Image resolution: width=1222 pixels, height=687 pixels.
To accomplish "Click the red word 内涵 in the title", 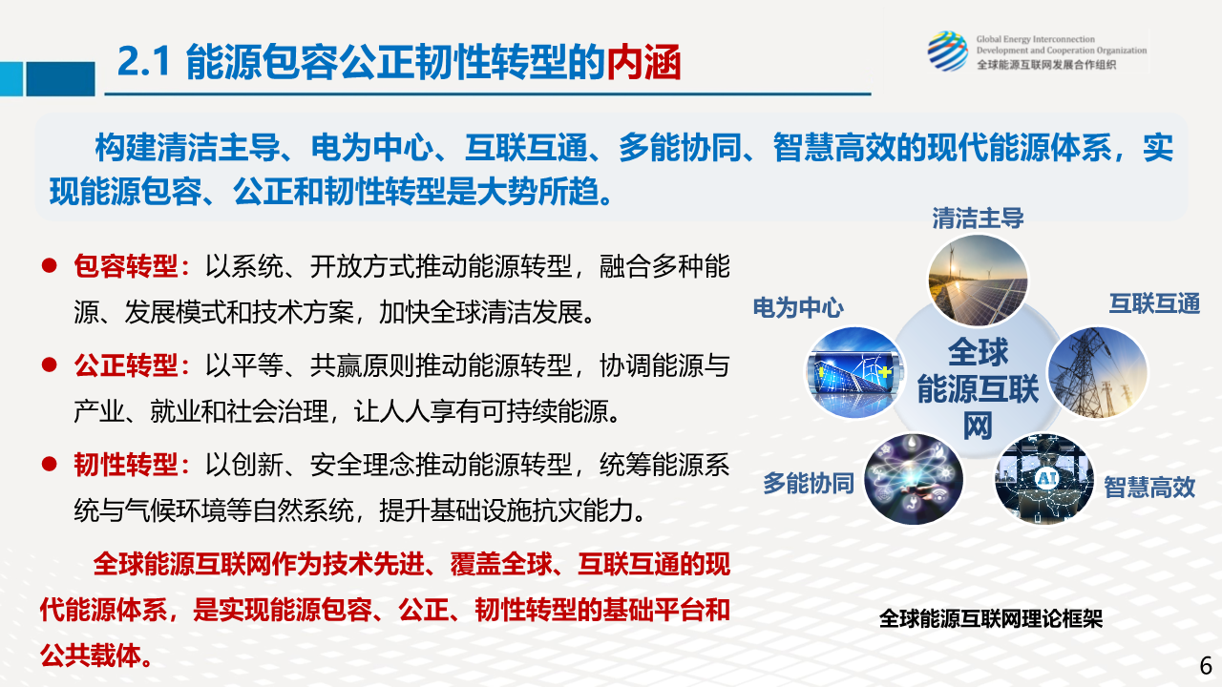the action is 643,62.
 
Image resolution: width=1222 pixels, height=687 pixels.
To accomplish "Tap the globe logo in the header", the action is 948,52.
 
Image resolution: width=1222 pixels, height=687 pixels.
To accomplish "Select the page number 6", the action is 1206,666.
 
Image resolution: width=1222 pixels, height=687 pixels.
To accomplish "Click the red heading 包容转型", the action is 126,266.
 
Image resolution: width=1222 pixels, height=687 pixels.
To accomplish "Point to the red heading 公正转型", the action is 126,364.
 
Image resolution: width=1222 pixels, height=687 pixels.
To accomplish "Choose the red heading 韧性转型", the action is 126,465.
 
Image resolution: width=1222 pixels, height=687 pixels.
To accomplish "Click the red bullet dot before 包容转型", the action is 49,265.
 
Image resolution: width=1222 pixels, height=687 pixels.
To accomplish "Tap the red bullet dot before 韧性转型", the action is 49,464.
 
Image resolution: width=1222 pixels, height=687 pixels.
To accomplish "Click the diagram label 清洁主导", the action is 978,219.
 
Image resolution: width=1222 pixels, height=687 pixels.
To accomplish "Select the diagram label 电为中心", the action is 798,308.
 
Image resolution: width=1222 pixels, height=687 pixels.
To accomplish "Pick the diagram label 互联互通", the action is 1154,303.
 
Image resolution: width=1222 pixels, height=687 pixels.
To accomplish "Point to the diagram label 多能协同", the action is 809,483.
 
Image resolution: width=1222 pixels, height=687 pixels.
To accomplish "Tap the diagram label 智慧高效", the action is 1149,487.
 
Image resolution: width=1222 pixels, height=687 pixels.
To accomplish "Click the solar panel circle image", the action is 978,281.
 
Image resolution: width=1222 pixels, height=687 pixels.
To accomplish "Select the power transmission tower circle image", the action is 1098,373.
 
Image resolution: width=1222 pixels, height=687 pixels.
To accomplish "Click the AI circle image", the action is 1044,479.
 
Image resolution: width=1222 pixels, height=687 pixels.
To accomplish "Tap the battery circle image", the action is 855,373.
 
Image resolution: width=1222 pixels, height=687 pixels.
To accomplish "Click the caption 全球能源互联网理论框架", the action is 991,618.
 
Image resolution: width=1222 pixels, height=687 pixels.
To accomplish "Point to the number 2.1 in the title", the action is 144,61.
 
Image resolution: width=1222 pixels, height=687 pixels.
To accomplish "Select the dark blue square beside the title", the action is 60,78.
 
